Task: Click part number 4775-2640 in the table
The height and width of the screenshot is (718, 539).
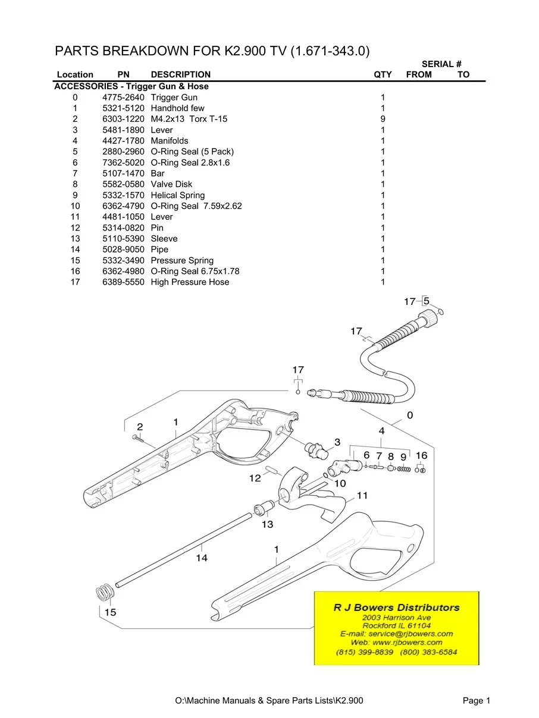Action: [x=123, y=97]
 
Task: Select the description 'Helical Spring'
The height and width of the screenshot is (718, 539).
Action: [x=177, y=196]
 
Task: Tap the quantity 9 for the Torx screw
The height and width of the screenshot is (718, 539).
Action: [x=383, y=119]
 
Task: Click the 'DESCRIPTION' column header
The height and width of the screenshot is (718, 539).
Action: [x=180, y=75]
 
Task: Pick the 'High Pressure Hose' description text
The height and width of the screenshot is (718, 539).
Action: [x=189, y=282]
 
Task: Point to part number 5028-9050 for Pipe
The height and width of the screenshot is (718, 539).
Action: [x=123, y=250]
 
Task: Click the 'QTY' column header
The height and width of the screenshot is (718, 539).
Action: [x=383, y=75]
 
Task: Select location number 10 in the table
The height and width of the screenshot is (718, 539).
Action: [x=75, y=206]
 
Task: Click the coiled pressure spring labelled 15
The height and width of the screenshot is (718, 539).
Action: [x=105, y=592]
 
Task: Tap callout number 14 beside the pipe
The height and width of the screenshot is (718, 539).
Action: [x=202, y=558]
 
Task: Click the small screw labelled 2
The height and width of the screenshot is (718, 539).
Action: [x=138, y=439]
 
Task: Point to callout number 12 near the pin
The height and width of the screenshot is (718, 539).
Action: [x=255, y=478]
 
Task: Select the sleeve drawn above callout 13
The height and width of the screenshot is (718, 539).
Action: [x=264, y=509]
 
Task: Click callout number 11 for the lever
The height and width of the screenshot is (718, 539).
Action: [x=362, y=495]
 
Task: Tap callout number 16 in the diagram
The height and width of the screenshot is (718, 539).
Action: [x=421, y=455]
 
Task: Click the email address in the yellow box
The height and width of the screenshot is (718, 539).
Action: [x=396, y=634]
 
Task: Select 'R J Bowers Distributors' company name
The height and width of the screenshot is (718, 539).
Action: [x=396, y=607]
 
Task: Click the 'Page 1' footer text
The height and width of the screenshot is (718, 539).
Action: [x=476, y=701]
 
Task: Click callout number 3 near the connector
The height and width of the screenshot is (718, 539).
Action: [x=337, y=442]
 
